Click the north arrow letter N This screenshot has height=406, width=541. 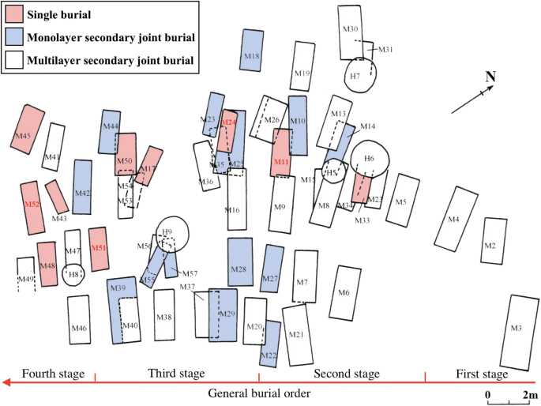[x=490, y=77]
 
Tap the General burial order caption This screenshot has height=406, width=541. [x=257, y=393]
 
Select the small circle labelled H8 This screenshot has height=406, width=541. [x=73, y=274]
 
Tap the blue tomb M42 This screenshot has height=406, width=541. [x=83, y=187]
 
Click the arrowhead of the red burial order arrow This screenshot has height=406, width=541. [x=6, y=382]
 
